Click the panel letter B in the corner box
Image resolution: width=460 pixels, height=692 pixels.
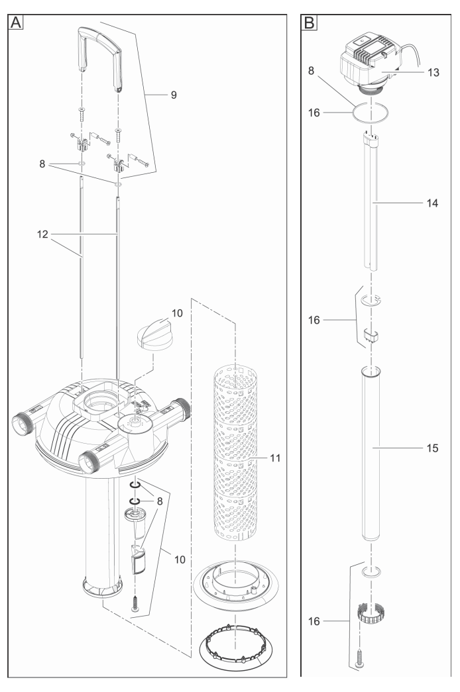coord(308,22)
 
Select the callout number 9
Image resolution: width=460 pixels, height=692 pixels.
coord(174,95)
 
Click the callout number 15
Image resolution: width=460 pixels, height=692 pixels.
coord(431,448)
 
